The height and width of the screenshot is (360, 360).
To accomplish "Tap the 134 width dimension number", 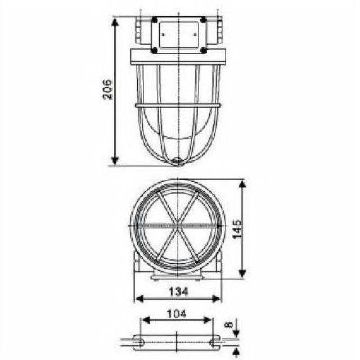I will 177,291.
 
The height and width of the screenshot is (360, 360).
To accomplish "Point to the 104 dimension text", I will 176,315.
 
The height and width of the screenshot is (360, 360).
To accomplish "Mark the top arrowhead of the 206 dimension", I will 115,22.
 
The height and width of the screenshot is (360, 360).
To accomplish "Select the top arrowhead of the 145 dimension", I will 242,184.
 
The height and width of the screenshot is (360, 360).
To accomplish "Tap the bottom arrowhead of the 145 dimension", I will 242,273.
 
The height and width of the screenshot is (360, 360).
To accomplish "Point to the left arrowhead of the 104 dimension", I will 145,320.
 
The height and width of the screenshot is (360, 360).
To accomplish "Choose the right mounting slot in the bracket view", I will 214,341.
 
